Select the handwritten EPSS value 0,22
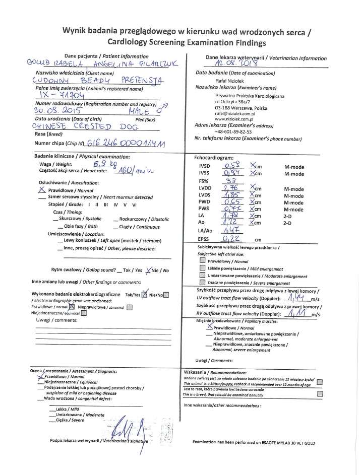tap(232, 239)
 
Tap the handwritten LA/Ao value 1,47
tap(232, 231)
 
